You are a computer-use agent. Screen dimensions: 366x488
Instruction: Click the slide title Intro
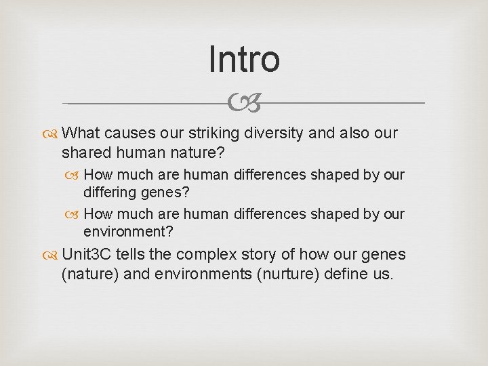point(244,59)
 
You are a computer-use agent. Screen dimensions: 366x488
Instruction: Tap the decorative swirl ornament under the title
point(244,104)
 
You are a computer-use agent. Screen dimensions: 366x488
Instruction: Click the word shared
point(84,152)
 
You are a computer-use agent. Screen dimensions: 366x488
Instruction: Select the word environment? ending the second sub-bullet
point(128,232)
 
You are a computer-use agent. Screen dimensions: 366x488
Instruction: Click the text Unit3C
point(86,255)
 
